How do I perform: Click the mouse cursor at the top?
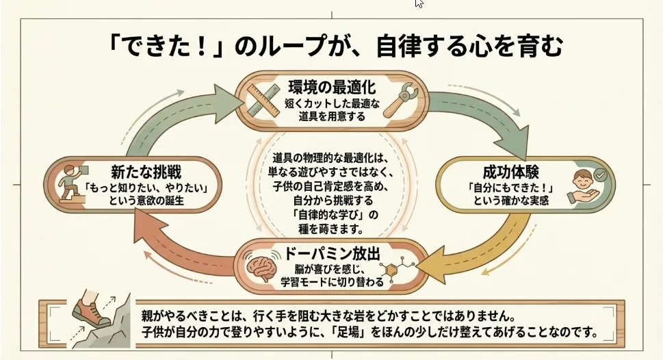(419, 3)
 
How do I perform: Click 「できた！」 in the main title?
(170, 47)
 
